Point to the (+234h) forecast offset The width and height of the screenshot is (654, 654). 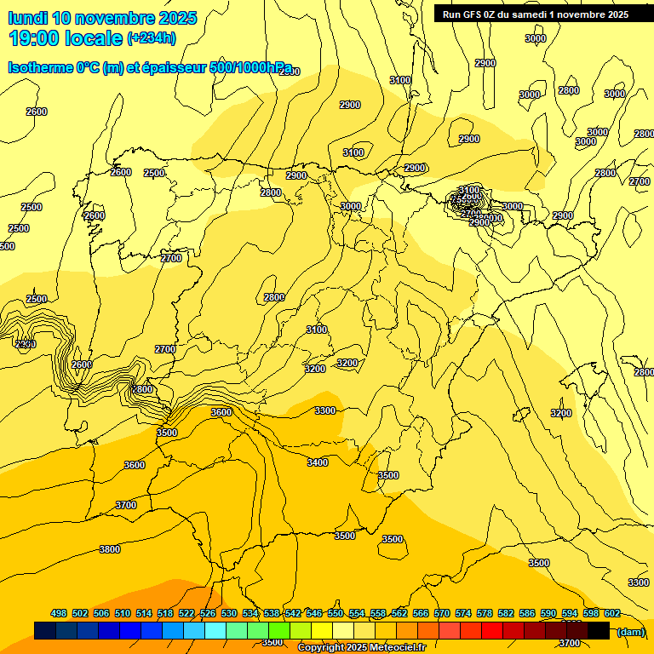pos(151,38)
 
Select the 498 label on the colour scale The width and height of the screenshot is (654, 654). pos(59,613)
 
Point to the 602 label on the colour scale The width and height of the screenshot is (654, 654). pos(612,613)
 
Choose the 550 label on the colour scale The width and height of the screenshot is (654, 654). pos(336,613)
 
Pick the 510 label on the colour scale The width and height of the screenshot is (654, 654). pos(123,613)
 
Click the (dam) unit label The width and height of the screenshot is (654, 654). pos(631,631)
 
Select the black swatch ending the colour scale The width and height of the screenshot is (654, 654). pos(599,630)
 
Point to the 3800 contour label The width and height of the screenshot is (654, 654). pos(110,549)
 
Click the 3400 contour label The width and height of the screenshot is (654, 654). pos(318,462)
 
